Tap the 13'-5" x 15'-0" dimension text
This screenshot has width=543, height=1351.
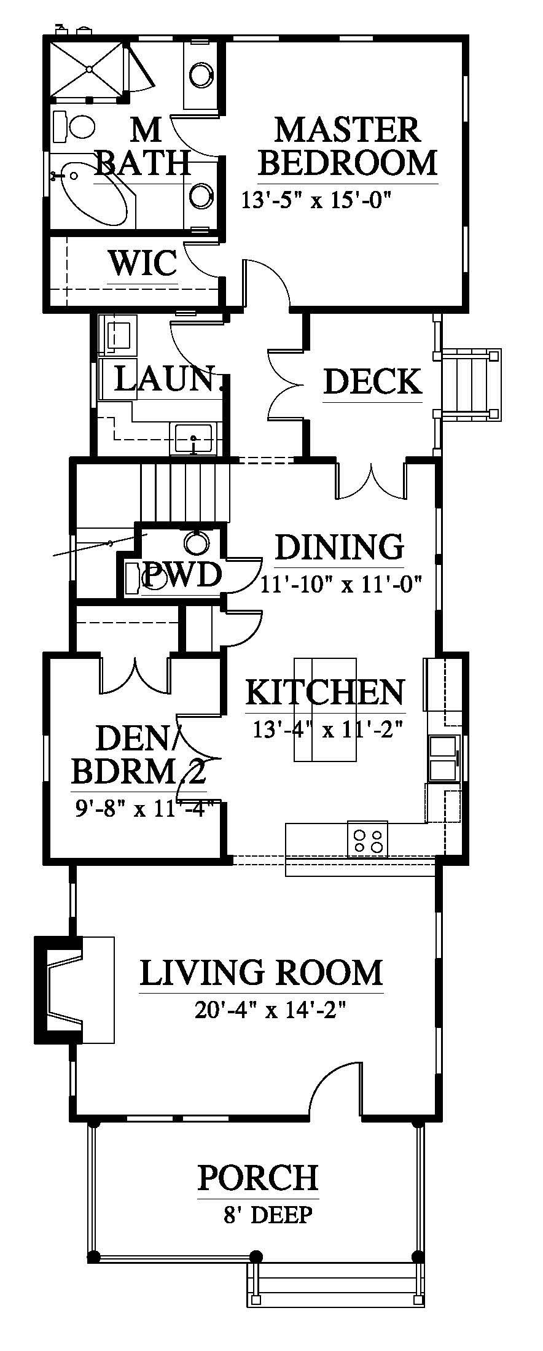click(316, 200)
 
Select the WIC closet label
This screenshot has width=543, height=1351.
click(143, 263)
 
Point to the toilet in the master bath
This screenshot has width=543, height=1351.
click(74, 127)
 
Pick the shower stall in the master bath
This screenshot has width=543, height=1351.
click(87, 68)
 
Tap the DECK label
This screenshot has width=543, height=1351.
click(373, 381)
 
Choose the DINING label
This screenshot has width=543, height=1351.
click(339, 547)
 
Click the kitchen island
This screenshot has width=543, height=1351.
click(326, 709)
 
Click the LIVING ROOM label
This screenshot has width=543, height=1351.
click(261, 972)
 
